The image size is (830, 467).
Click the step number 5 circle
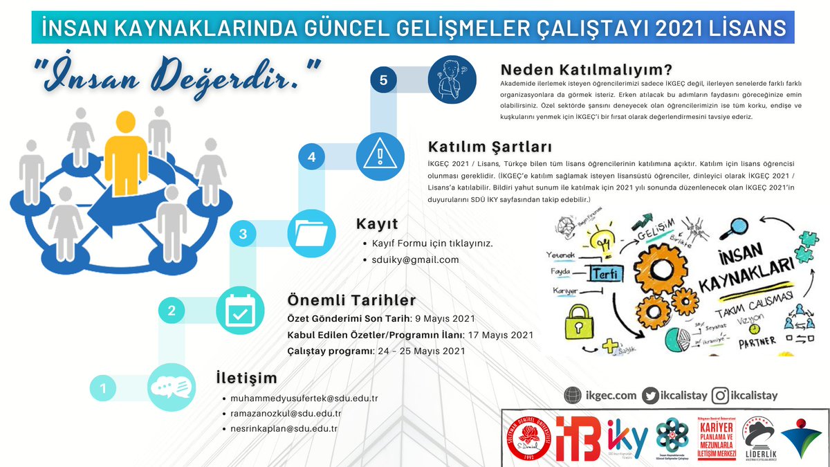383,80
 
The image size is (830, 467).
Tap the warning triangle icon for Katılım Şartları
380,157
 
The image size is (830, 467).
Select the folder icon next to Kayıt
308,234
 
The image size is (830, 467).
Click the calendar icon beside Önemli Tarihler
239,311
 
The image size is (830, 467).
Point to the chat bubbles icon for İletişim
171,387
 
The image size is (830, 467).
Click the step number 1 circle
103,389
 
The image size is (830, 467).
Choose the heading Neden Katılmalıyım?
587,70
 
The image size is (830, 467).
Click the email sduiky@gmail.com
415,259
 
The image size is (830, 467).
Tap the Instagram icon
721,395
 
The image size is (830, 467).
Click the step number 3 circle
243,234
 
